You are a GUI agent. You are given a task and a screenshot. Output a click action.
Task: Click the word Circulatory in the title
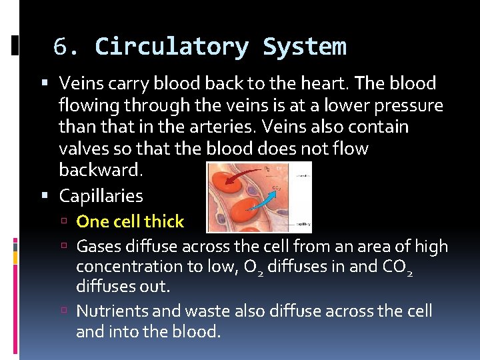coord(172,47)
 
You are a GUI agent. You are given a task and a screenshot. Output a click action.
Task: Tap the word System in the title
coord(305,47)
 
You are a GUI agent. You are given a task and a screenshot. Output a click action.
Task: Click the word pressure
coord(409,105)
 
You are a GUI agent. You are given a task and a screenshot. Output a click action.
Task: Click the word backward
coord(100,169)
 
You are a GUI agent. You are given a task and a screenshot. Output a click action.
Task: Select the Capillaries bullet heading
coord(101,196)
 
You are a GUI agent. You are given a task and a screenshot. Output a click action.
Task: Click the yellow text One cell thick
coord(130,221)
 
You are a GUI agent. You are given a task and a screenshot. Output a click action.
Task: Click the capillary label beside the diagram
coord(301,224)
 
